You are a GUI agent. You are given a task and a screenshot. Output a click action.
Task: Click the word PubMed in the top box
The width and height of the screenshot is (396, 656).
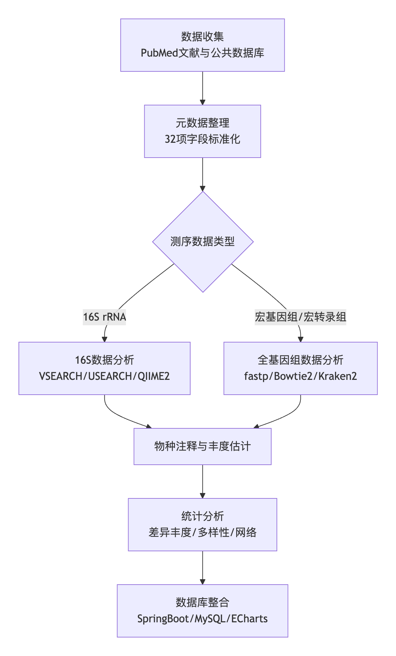pos(159,53)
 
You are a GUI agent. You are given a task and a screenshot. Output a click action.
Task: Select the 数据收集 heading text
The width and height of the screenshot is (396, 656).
pos(203,37)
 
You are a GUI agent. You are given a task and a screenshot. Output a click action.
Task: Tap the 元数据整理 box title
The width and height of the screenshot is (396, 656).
pos(203,123)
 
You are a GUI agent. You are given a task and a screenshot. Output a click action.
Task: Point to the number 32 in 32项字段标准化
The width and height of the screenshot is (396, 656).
pos(170,139)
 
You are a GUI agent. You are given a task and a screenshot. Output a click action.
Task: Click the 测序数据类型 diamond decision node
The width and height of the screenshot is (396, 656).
pos(203,241)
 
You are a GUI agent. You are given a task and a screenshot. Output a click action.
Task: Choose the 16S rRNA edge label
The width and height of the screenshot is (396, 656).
pos(104,317)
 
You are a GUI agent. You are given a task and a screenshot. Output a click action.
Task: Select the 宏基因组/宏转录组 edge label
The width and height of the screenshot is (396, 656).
pos(300,317)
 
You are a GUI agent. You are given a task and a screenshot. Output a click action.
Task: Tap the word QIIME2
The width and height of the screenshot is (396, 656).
pos(153,376)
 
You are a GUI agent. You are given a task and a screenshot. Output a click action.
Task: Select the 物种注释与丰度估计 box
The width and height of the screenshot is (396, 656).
pos(203,446)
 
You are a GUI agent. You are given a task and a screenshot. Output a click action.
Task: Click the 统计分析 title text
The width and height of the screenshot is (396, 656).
pos(203,516)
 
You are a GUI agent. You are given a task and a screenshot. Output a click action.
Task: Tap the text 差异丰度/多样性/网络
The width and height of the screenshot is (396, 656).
pos(203,532)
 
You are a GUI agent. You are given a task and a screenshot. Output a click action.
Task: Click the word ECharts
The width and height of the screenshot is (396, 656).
pos(249,619)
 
